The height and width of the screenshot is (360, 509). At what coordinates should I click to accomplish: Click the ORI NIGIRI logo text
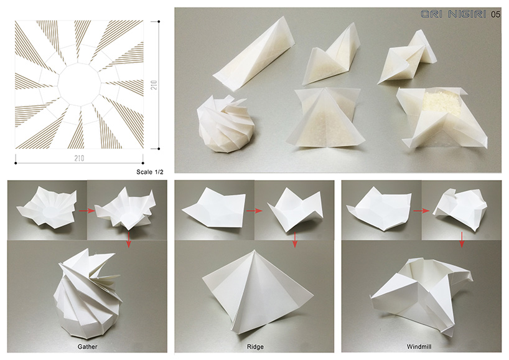point(453,14)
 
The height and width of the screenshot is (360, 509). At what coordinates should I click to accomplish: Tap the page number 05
point(495,14)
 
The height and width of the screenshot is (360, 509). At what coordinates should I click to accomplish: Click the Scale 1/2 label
point(149,172)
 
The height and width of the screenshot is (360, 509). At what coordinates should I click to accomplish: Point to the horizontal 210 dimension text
point(79,158)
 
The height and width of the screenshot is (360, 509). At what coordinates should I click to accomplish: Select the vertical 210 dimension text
point(154,85)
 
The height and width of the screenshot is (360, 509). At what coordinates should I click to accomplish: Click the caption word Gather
point(87,347)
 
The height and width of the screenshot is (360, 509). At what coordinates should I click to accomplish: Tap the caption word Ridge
point(255,347)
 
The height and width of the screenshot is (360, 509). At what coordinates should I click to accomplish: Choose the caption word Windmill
point(419,347)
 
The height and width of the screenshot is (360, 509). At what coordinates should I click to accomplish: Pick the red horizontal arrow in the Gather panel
point(87,211)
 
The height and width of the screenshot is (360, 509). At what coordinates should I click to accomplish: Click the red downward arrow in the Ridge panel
point(295,240)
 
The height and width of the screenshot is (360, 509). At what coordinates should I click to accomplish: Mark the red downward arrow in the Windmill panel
point(462,240)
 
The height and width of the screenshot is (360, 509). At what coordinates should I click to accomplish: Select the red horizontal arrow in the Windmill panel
point(421,211)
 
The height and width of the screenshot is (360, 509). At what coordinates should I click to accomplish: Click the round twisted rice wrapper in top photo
point(225,124)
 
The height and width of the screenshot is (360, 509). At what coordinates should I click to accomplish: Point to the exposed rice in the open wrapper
point(443,102)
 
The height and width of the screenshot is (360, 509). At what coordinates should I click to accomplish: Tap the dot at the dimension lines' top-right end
point(159,21)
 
